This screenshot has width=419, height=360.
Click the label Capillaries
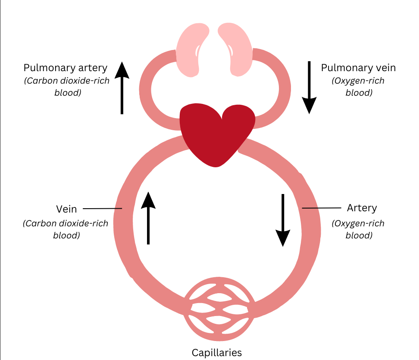point(217,352)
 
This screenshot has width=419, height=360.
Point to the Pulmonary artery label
point(66,68)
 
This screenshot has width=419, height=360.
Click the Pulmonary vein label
point(358,68)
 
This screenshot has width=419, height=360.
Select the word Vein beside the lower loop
point(66,209)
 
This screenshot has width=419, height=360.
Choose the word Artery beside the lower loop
point(362,208)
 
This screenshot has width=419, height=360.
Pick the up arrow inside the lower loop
point(148,218)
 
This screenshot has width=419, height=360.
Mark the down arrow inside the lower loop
point(283,220)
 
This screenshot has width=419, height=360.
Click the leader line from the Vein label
point(102,209)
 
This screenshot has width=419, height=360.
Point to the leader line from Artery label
point(321,208)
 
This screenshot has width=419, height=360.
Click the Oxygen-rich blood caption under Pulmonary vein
point(358,87)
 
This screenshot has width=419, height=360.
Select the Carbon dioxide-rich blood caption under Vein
point(66,229)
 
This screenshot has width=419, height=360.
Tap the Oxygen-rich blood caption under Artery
point(358,229)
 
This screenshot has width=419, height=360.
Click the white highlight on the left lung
point(198,52)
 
